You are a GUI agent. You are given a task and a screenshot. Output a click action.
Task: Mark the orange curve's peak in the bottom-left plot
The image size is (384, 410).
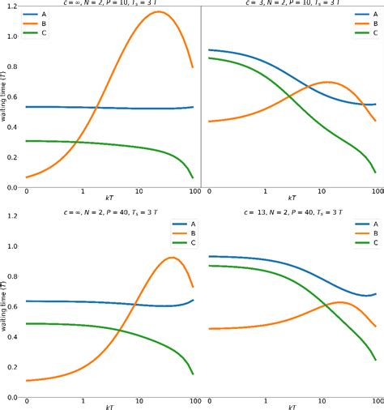point(172,258)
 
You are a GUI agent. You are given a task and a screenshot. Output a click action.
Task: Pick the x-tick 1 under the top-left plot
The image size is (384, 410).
point(83,193)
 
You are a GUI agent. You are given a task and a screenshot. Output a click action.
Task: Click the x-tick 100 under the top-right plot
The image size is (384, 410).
point(377,193)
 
